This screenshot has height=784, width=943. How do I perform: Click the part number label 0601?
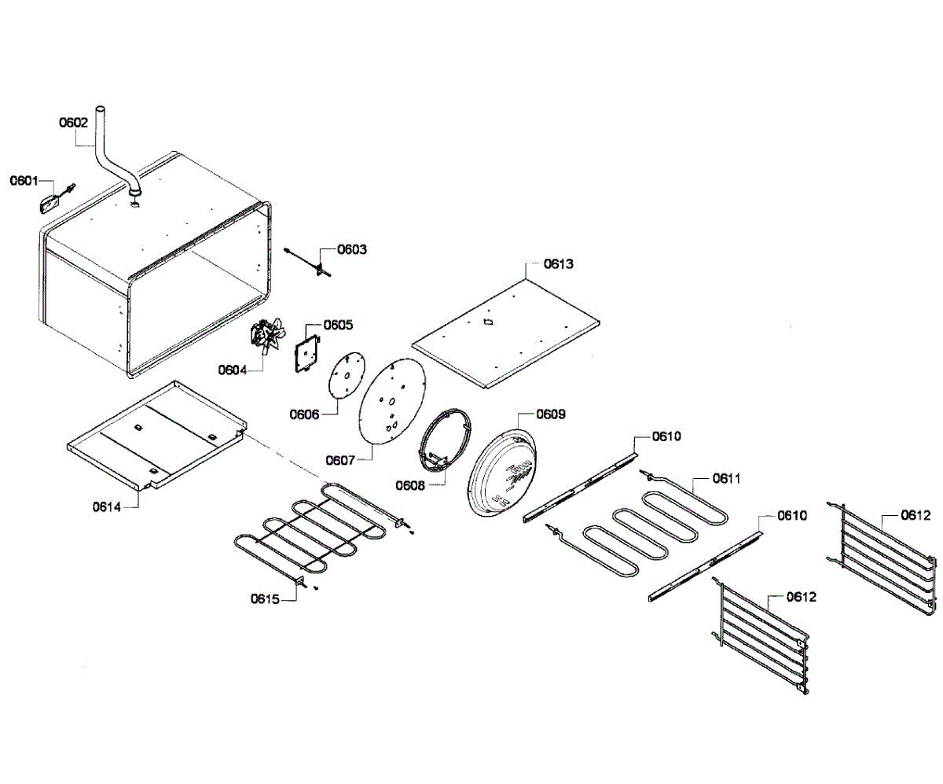(x=24, y=182)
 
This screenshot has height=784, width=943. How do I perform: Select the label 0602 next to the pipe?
(x=74, y=123)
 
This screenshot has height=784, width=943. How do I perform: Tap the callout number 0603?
(x=352, y=249)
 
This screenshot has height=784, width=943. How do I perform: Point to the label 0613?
(x=560, y=263)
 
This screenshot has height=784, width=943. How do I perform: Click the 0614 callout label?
(x=107, y=506)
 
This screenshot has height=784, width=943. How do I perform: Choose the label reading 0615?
(x=266, y=599)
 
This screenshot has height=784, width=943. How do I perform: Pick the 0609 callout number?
(x=551, y=414)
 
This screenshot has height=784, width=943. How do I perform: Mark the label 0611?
(x=727, y=478)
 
